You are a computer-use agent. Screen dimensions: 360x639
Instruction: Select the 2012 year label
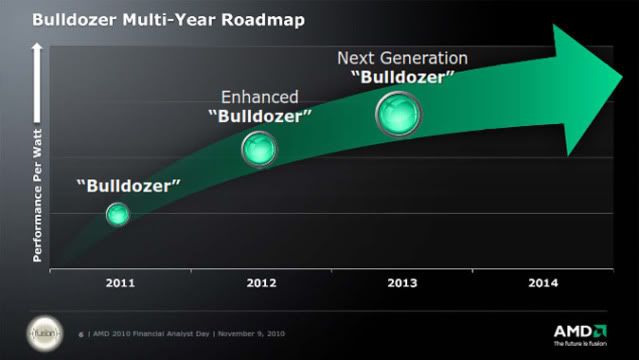coord(261,283)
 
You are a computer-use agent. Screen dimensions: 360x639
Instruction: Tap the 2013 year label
coord(402,283)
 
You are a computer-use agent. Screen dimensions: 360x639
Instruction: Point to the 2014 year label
coord(542,283)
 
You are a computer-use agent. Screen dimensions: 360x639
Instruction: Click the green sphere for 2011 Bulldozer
coord(118,213)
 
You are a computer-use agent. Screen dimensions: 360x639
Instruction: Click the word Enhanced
coord(260,96)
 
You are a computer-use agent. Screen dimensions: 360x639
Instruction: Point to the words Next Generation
coord(402,57)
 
